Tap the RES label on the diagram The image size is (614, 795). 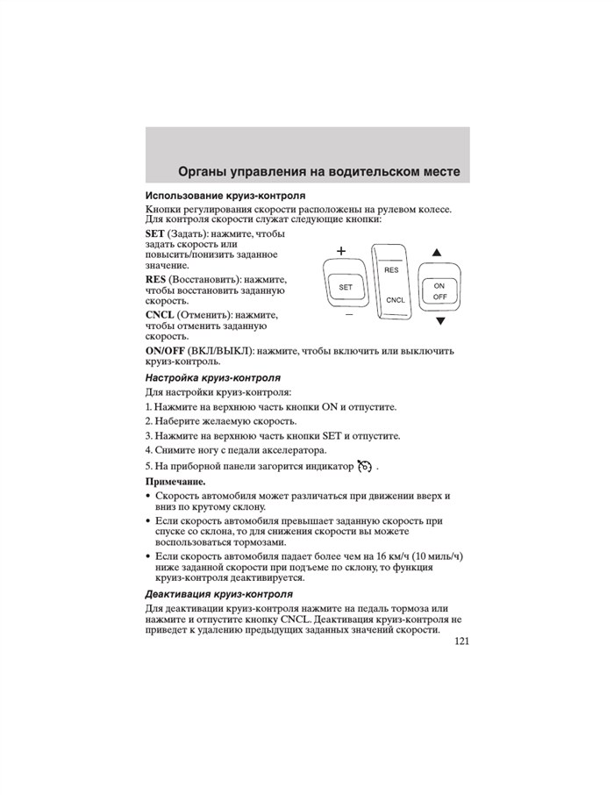391,270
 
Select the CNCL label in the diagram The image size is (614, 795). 394,300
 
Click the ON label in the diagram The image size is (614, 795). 439,286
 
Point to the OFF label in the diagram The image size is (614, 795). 439,297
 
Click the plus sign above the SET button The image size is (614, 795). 340,252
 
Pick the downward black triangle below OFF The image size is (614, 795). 440,321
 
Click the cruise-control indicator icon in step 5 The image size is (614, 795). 365,465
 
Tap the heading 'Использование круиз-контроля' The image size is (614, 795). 225,195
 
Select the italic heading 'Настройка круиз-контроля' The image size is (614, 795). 213,377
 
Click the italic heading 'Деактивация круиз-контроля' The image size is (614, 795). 218,594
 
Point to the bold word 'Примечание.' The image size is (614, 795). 175,482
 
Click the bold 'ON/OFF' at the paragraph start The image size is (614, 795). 165,350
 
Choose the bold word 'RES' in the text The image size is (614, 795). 156,279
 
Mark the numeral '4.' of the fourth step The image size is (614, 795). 149,449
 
